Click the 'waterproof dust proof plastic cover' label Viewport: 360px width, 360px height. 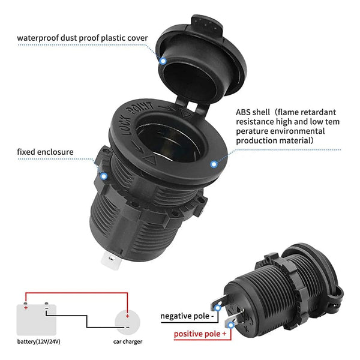[82, 38]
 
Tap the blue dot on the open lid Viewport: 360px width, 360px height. [163, 61]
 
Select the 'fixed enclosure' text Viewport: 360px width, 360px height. [45, 152]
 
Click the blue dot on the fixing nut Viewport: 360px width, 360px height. [104, 176]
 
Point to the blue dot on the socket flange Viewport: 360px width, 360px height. [214, 163]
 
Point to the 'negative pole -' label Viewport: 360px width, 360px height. [187, 316]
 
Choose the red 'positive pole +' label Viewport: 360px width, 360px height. [200, 335]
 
